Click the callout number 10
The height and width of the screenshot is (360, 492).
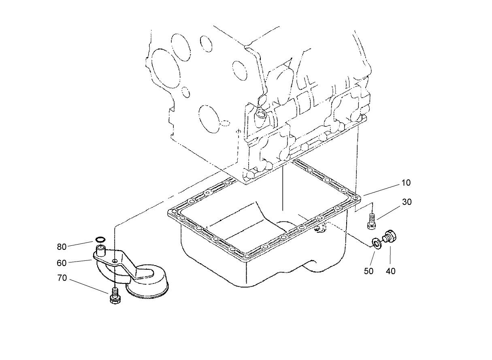coord(406,183)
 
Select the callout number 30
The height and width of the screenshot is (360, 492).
coord(407,202)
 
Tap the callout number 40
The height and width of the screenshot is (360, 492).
coord(390,271)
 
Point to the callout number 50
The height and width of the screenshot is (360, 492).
coord(368,271)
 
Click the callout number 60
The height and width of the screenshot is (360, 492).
coord(62,263)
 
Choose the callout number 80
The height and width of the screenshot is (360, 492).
coord(62,247)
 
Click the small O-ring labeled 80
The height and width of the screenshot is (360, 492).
coord(101,240)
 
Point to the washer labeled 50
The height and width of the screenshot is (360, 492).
coord(377,243)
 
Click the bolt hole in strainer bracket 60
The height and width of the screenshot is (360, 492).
coord(115,261)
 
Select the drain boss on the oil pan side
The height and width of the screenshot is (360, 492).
coord(320,229)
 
